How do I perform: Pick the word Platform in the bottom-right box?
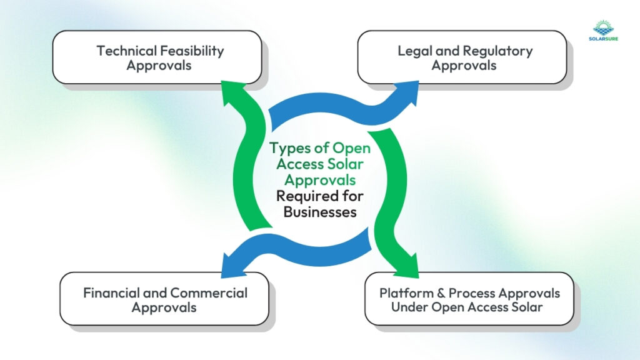(404, 292)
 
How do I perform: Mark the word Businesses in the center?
(320, 212)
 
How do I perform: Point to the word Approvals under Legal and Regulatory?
(464, 65)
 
